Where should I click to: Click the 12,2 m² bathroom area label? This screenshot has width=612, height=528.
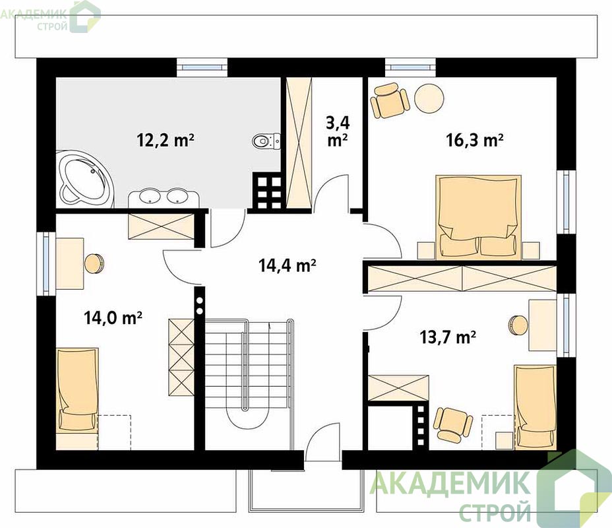coord(166,140)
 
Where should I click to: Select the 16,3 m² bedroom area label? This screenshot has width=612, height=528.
coord(474,140)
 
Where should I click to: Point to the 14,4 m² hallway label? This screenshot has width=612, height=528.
coord(288,265)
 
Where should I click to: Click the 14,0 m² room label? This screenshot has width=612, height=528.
coord(113,318)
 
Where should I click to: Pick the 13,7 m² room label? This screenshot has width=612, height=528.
coord(448,336)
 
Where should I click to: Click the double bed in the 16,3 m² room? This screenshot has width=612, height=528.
coord(479,217)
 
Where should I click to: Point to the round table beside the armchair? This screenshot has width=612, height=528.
coord(429,99)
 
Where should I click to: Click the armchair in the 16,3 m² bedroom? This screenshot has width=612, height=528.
coord(390,100)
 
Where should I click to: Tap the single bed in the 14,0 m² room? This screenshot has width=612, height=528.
coord(77,399)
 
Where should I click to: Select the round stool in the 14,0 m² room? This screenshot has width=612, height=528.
coord(94,263)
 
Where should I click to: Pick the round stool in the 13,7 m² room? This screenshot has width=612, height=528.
coord(518,325)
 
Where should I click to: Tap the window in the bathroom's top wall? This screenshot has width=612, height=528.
coord(202,67)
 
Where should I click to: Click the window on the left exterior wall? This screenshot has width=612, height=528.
coord(46,263)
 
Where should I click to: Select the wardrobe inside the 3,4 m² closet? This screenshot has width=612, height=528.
coord(299,143)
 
